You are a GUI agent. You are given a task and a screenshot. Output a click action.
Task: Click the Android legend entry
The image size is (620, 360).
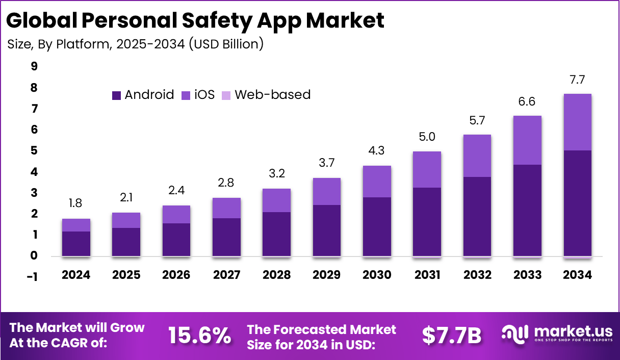(143, 95)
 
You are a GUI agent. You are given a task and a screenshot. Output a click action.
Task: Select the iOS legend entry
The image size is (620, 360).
(198, 95)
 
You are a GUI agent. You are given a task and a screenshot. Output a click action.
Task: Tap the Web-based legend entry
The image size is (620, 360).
(266, 95)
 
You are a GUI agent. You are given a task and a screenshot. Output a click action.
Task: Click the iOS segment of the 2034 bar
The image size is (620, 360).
(578, 122)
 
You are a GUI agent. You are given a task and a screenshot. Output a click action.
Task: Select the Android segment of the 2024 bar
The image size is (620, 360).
(76, 244)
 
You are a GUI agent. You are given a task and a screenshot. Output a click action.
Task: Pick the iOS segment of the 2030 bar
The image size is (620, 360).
(377, 182)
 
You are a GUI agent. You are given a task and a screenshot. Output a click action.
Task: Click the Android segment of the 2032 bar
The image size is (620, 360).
(477, 216)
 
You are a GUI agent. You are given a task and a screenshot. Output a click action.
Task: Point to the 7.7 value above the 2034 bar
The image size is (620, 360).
(578, 80)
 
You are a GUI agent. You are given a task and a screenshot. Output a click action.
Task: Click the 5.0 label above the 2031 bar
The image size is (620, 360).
(427, 137)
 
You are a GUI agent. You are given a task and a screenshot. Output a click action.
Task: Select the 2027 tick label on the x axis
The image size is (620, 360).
(226, 275)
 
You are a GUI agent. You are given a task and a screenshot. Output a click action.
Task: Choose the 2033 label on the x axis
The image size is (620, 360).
(527, 275)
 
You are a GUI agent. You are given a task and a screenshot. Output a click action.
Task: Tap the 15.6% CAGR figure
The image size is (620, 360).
(199, 336)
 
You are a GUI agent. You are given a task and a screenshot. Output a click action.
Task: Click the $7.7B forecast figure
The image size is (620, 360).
(452, 336)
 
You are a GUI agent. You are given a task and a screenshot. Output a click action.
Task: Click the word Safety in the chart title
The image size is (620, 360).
(214, 21)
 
